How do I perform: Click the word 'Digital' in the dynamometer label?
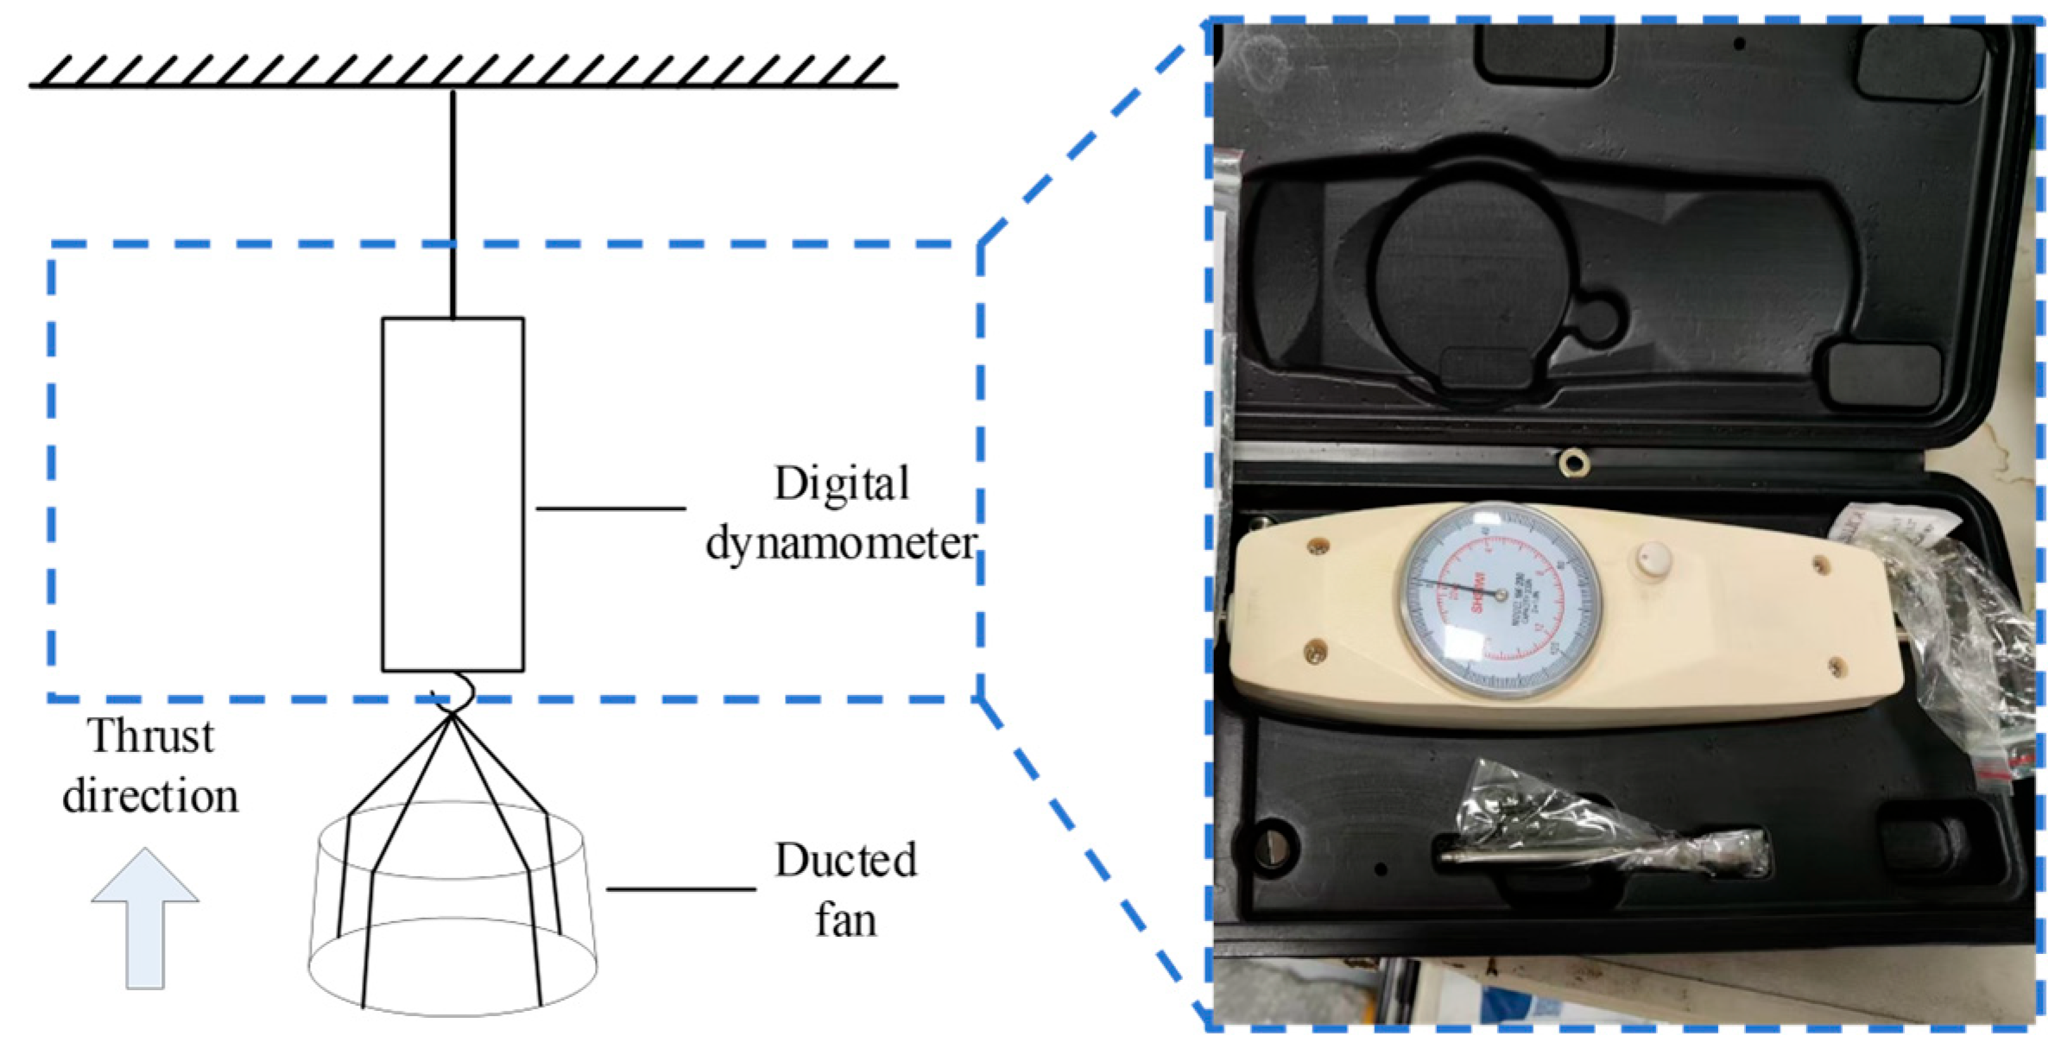tap(841, 483)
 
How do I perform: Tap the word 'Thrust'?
tap(150, 736)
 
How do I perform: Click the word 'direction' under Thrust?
tap(150, 796)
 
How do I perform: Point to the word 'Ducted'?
tap(845, 860)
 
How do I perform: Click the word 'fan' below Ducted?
tap(845, 919)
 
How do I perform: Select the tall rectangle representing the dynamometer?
tap(452, 494)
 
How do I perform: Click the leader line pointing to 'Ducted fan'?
tap(680, 888)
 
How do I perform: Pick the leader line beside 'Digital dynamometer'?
tap(610, 509)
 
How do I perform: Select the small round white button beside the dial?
tap(1653, 559)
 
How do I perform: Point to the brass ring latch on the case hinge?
tap(1574, 464)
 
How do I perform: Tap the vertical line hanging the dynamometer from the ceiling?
tap(452, 203)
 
